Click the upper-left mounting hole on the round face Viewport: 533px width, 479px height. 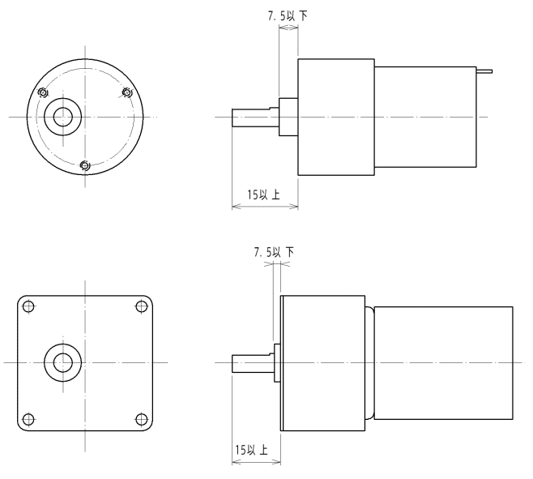coord(43,92)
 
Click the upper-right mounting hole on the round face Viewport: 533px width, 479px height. coord(127,92)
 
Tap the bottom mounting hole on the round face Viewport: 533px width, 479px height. coord(85,165)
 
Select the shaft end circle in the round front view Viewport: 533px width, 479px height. coord(63,117)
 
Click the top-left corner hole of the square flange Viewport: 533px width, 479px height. coord(28,306)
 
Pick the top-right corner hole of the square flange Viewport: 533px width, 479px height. coord(142,306)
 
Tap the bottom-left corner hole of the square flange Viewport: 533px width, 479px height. coord(28,419)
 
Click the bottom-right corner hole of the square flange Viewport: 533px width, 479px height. coord(142,419)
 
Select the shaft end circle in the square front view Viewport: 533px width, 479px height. coord(63,362)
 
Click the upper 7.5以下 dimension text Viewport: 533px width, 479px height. coord(288,15)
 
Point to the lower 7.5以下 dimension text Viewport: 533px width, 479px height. coord(274,252)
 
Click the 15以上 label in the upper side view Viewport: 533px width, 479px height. coord(264,195)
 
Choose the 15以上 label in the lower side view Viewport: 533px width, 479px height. coord(252,450)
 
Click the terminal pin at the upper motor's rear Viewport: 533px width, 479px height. coord(484,71)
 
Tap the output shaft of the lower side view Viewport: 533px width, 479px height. coord(253,362)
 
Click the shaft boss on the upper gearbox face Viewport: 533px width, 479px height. coord(288,117)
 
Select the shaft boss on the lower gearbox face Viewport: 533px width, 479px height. coord(277,362)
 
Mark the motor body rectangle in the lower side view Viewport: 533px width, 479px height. coord(444,363)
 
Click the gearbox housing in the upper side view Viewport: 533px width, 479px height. coord(336,117)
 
